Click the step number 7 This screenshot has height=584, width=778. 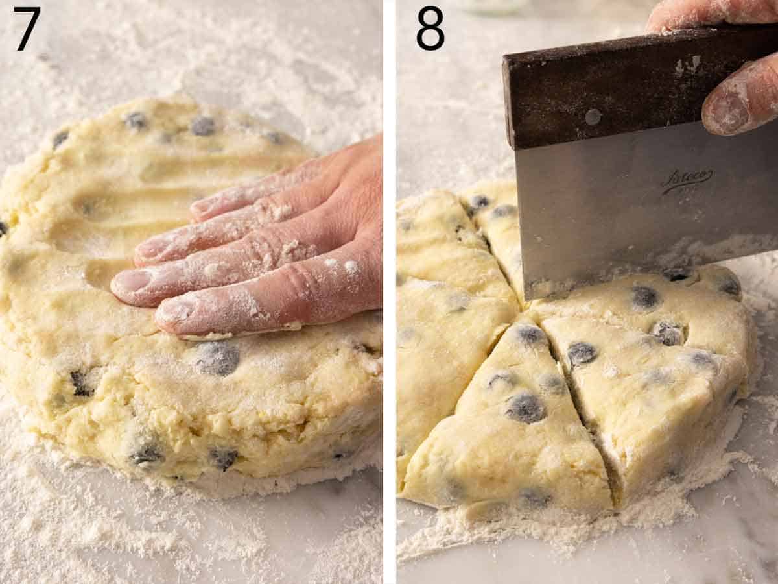tap(27, 29)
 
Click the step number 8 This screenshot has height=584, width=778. tap(430, 29)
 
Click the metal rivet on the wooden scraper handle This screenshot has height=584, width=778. tap(592, 117)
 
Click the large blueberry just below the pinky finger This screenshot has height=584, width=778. tap(217, 358)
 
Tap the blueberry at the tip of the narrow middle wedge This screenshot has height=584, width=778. tap(530, 335)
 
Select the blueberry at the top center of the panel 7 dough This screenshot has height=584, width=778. tap(202, 125)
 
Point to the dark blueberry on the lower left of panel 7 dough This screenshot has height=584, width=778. tap(81, 383)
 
